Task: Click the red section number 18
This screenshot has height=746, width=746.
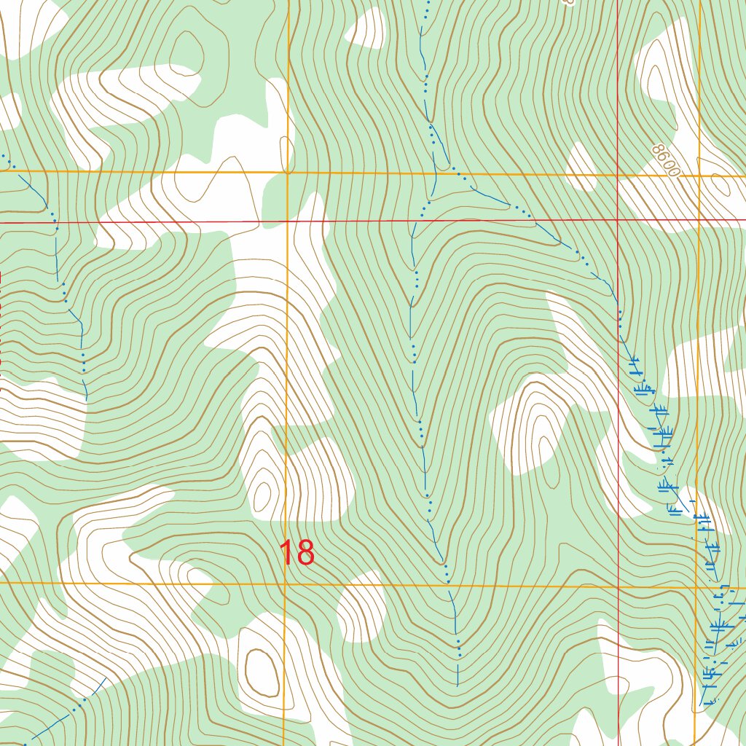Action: click(297, 553)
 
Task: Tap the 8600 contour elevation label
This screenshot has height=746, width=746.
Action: click(666, 161)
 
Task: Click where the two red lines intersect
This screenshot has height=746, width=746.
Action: click(618, 219)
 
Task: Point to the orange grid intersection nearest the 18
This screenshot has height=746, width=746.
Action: click(284, 584)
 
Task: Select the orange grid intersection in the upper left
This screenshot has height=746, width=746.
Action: click(288, 173)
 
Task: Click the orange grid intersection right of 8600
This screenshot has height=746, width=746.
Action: click(699, 176)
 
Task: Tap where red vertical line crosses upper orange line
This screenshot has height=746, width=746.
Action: click(618, 175)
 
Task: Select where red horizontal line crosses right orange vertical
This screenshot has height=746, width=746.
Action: click(699, 219)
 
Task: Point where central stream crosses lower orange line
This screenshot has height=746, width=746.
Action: click(448, 584)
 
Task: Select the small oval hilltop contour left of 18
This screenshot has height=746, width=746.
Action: click(261, 495)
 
